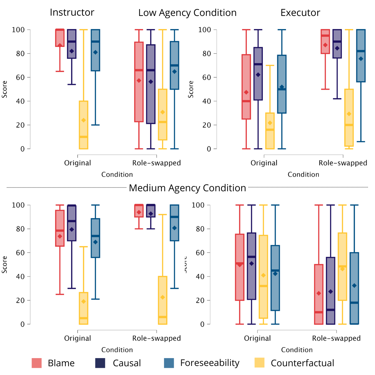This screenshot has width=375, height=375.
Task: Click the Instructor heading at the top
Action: tap(72, 12)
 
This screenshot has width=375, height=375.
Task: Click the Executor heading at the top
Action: tap(300, 13)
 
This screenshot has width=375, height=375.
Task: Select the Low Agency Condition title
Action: tap(187, 13)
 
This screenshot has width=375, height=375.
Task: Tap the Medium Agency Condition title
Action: tap(187, 188)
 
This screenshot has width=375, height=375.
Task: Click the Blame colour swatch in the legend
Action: tap(37, 363)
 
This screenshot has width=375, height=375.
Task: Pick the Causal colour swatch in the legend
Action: tap(100, 363)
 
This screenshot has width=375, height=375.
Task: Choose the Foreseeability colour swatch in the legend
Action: tap(169, 363)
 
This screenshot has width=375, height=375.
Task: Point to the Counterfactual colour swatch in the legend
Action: tap(259, 363)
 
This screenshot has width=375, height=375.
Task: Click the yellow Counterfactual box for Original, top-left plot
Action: tap(83, 125)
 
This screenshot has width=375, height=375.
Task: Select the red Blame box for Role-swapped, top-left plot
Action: tap(139, 82)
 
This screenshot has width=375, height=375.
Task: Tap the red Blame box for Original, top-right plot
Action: tap(246, 87)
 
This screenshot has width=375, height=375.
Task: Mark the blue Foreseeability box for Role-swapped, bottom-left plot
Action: tap(174, 223)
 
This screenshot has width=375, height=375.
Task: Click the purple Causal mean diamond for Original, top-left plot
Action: tap(72, 51)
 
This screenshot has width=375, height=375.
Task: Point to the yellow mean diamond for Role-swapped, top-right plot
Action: tap(349, 114)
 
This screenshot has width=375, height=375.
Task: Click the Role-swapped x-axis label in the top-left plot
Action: tap(157, 163)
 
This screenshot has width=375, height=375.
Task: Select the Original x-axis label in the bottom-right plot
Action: tap(257, 338)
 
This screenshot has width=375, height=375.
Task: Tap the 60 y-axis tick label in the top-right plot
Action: tap(205, 77)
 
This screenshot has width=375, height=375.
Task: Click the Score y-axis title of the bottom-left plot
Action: tap(5, 264)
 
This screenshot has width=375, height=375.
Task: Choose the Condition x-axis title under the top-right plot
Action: tap(303, 175)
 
